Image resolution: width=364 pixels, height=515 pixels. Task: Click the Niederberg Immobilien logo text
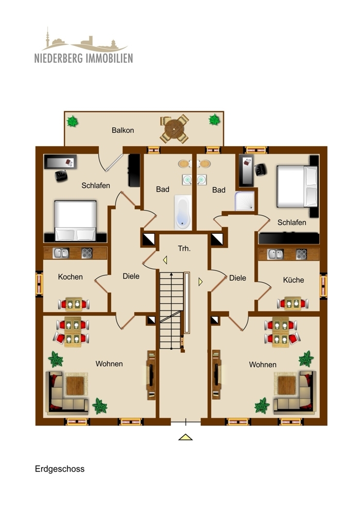83,57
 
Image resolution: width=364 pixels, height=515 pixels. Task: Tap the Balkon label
123,130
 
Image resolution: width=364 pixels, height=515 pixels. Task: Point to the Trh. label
184,248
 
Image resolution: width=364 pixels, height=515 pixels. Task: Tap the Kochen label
70,277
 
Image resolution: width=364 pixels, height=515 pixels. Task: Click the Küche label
293,280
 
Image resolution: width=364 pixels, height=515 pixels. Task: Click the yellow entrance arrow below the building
185,437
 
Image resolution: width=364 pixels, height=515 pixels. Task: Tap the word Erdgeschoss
60,469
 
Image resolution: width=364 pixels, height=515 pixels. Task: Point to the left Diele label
131,276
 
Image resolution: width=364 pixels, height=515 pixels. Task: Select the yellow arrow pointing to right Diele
200,282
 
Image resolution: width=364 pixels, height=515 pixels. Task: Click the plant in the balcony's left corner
73,122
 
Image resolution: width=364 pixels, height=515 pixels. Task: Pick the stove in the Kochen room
86,253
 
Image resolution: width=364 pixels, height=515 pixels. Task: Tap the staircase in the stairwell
170,309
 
